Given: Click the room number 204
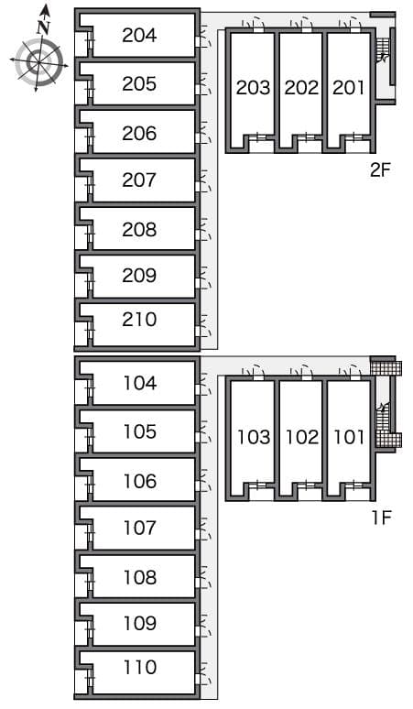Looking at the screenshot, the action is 139,36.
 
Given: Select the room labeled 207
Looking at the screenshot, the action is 139,180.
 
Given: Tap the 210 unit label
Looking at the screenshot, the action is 139,319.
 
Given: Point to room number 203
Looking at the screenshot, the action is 253,88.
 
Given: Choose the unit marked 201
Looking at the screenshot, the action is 348,88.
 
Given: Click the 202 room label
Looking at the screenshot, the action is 301,88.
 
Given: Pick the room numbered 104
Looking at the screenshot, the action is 140,383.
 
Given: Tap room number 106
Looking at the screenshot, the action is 140,481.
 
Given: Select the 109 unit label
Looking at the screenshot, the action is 140,623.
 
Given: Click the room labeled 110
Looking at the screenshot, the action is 140,667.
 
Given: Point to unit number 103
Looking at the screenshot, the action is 254,437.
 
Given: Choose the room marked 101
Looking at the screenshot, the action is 349,437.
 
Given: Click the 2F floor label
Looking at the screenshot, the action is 379,170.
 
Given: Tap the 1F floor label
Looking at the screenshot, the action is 381,518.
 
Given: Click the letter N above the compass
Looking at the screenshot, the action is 43,27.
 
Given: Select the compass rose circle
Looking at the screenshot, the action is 38,62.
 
